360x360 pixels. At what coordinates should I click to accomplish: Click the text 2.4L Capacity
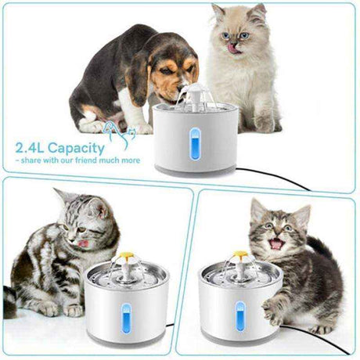tap(58, 147)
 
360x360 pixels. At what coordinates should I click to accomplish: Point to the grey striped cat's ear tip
tap(59, 192)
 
